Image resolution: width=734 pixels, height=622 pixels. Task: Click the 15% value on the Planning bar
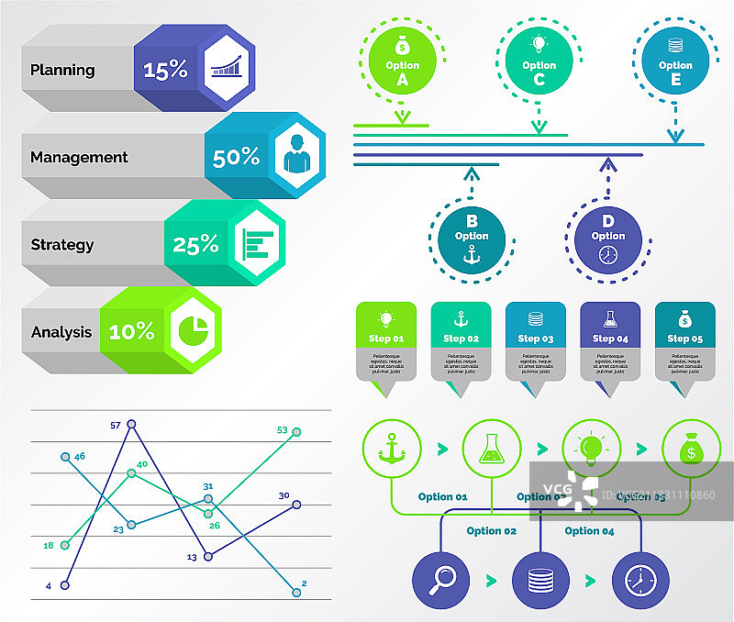(x=165, y=70)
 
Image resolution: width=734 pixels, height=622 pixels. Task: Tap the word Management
(x=79, y=157)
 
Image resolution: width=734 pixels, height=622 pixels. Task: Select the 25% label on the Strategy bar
(x=195, y=245)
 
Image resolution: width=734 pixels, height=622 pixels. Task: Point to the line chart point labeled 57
(x=131, y=424)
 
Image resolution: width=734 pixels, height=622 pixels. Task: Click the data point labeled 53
(x=295, y=431)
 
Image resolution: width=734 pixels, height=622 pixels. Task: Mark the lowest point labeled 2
(x=295, y=592)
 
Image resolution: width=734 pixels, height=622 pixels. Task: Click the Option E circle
(x=675, y=61)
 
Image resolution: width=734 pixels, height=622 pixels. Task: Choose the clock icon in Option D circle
(x=607, y=256)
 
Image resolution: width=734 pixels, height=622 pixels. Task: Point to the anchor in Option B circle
(x=472, y=254)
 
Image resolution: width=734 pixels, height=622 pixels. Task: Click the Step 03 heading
(x=536, y=339)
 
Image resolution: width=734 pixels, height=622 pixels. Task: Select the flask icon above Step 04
(x=610, y=319)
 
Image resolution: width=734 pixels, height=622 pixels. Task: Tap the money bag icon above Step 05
(x=684, y=319)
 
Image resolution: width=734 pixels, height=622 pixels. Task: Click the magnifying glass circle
(x=441, y=580)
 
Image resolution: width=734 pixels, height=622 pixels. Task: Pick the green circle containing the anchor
(x=392, y=450)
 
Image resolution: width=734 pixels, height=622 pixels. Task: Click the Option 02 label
(x=491, y=530)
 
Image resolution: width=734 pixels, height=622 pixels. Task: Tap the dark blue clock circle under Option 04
(x=639, y=580)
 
